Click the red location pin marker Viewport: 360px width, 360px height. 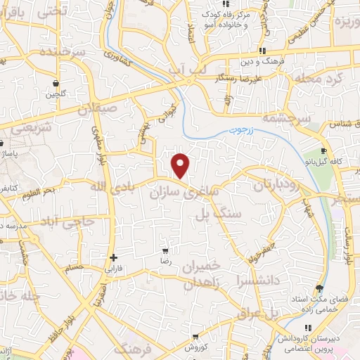click(181, 166)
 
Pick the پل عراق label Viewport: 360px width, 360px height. click(275, 311)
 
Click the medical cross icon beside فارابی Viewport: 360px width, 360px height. click(113, 257)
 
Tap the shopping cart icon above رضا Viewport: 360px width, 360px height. click(165, 250)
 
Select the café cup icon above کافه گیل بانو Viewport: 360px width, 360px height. click(323, 151)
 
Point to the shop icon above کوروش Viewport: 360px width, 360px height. click(196, 336)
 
